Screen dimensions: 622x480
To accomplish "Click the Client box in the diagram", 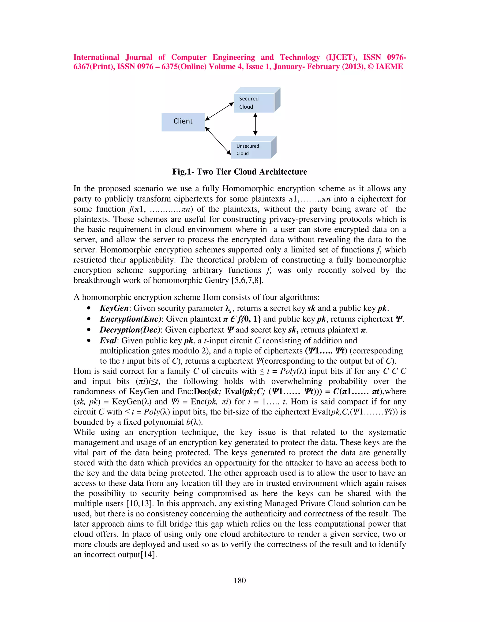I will [x=183, y=122].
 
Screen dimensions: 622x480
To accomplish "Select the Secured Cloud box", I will [x=254, y=103].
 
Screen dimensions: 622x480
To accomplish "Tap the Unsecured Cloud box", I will [x=251, y=150].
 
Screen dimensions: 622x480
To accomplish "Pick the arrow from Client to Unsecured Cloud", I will [x=218, y=141].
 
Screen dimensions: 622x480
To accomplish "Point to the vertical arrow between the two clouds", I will [x=255, y=124].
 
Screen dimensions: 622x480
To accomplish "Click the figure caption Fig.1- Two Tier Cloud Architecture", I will [x=240, y=172].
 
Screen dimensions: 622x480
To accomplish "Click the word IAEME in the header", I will [x=389, y=67].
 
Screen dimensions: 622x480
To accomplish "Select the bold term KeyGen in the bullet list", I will [x=114, y=308].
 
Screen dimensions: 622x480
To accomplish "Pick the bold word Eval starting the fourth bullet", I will [x=108, y=341].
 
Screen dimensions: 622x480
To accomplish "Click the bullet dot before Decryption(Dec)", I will [x=89, y=330].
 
